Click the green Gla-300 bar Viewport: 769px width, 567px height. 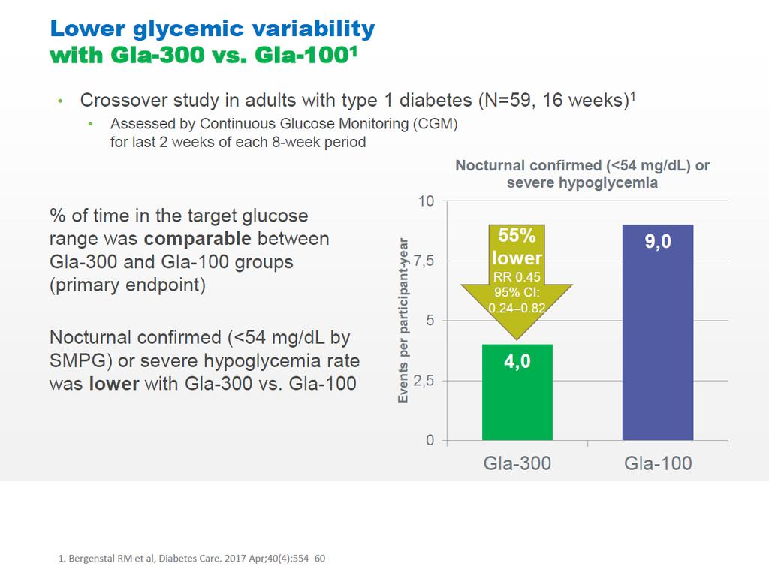pos(517,392)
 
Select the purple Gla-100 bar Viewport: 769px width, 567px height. pos(658,333)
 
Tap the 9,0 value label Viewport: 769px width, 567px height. pos(658,241)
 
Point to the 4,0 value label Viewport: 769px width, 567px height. pos(517,361)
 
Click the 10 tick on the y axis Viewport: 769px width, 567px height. pos(427,201)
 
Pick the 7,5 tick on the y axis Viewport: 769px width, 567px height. pos(424,261)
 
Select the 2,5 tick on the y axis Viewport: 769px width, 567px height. pos(424,381)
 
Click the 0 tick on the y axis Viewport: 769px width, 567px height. pos(430,440)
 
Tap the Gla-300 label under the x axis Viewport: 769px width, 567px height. pos(517,463)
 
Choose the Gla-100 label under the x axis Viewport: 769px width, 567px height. pos(658,463)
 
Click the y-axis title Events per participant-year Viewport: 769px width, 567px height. pos(403,320)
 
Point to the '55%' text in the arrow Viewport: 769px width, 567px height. pos(517,235)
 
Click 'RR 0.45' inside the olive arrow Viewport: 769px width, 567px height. pos(517,277)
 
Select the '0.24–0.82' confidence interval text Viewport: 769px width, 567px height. pos(517,308)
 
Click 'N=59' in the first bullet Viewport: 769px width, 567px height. pos(507,100)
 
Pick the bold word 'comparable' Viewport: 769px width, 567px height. pos(198,239)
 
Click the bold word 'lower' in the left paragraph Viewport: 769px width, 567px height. pos(114,384)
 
